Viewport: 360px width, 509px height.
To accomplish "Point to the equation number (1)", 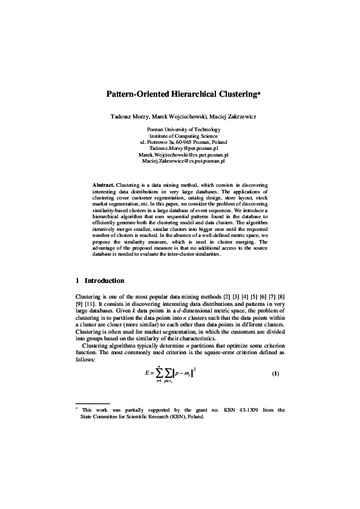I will click(x=275, y=373).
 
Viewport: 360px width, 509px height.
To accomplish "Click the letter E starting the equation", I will click(x=147, y=373).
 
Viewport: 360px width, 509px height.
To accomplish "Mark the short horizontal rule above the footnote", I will click(x=92, y=403).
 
